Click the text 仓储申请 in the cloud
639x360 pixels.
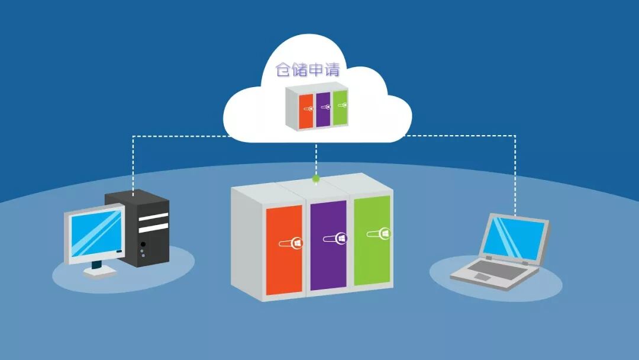coord(308,70)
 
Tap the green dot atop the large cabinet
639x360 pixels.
coord(316,178)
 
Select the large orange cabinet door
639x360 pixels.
coord(284,249)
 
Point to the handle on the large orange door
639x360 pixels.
coord(291,243)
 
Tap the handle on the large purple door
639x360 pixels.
coord(335,238)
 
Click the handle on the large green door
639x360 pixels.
coord(377,234)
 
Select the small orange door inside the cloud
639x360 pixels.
coord(306,111)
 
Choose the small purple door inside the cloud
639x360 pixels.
coord(322,109)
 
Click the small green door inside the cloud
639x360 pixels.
coord(340,107)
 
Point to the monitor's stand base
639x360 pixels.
coord(99,272)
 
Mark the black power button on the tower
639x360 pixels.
coord(143,244)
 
